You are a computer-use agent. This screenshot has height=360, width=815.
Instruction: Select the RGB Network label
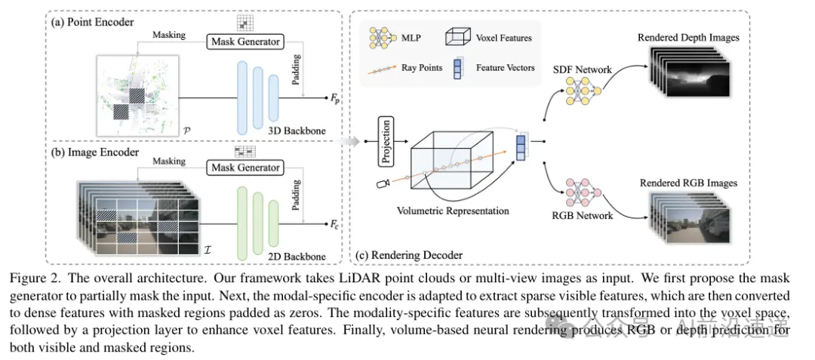pos(583,216)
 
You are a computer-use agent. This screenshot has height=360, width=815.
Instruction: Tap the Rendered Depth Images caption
pos(687,37)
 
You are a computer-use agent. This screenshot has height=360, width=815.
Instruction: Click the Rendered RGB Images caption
pos(688,183)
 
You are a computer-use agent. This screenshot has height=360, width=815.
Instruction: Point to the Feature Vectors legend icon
pos(458,69)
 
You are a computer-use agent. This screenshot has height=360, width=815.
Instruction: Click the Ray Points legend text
pos(422,68)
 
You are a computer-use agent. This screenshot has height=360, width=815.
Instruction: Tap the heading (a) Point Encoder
pos(92,22)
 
